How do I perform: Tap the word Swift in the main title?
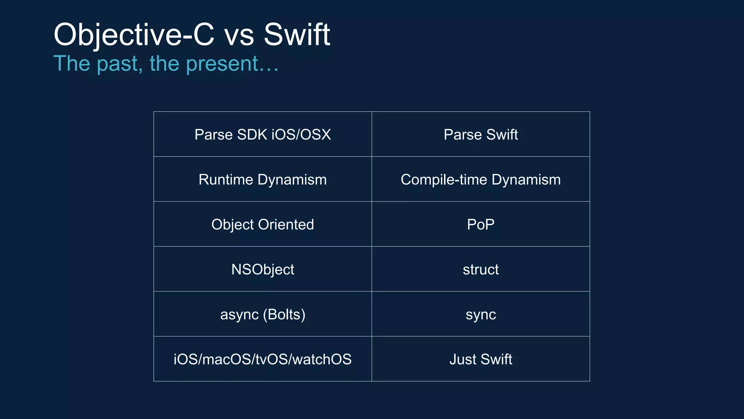[296, 35]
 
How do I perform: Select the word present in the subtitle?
[222, 64]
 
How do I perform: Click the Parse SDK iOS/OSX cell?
[263, 135]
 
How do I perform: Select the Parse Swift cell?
[481, 135]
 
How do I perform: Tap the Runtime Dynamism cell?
[263, 180]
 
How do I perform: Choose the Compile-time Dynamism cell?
[481, 180]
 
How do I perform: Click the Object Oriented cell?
[263, 224]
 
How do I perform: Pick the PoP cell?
[481, 224]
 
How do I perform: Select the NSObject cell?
[263, 270]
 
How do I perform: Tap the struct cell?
[481, 270]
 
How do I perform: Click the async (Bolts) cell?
[263, 314]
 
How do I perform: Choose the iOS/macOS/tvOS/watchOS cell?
[263, 359]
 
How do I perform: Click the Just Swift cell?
[481, 359]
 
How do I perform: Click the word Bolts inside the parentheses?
[284, 314]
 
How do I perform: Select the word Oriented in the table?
[286, 224]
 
